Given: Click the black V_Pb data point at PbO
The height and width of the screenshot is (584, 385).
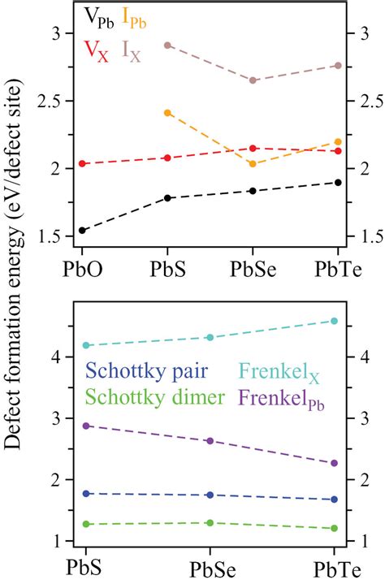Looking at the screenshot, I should tap(82, 231).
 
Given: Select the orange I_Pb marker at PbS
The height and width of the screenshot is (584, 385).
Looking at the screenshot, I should tap(167, 112).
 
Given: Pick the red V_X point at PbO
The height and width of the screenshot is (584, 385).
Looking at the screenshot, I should tap(82, 164).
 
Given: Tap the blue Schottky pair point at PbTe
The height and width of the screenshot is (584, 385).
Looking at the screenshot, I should tap(335, 500).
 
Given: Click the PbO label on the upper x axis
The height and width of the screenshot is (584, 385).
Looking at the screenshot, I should tap(82, 269).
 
